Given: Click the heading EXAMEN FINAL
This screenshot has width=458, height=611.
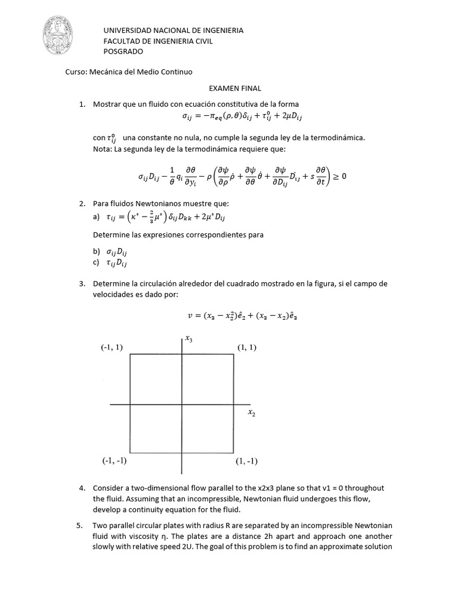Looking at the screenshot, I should (223, 88).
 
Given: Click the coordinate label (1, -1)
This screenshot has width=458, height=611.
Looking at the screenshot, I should (246, 461).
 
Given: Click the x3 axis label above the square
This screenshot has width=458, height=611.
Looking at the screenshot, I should (189, 339).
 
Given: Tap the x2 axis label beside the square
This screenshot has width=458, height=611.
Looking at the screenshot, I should (251, 413).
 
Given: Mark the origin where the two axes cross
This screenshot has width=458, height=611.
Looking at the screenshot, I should (181, 406).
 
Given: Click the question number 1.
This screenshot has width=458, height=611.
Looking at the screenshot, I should (82, 104).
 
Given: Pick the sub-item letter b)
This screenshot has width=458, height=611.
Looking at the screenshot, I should (97, 252).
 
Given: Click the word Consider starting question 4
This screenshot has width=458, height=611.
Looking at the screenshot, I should (109, 489).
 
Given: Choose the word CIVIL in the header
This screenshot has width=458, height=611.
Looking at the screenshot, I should (202, 41).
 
